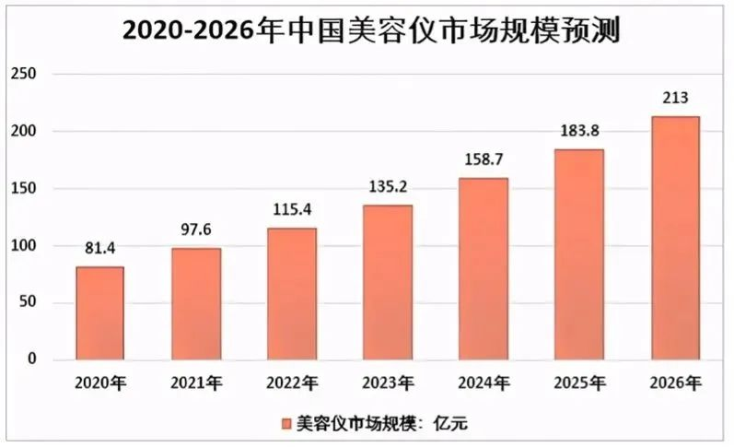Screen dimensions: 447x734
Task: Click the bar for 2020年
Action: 99,313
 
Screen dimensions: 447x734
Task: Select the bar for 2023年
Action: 388,282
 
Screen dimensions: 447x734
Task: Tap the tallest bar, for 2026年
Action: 675,238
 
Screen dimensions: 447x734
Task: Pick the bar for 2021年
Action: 195,304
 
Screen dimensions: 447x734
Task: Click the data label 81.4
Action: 99,248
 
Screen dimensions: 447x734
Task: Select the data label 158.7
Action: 484,159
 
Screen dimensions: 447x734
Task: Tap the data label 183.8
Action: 579,131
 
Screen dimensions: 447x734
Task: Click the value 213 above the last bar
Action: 675,98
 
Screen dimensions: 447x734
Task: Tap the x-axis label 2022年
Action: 291,381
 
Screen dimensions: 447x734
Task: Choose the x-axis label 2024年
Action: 484,381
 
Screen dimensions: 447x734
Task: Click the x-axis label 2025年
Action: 579,381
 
